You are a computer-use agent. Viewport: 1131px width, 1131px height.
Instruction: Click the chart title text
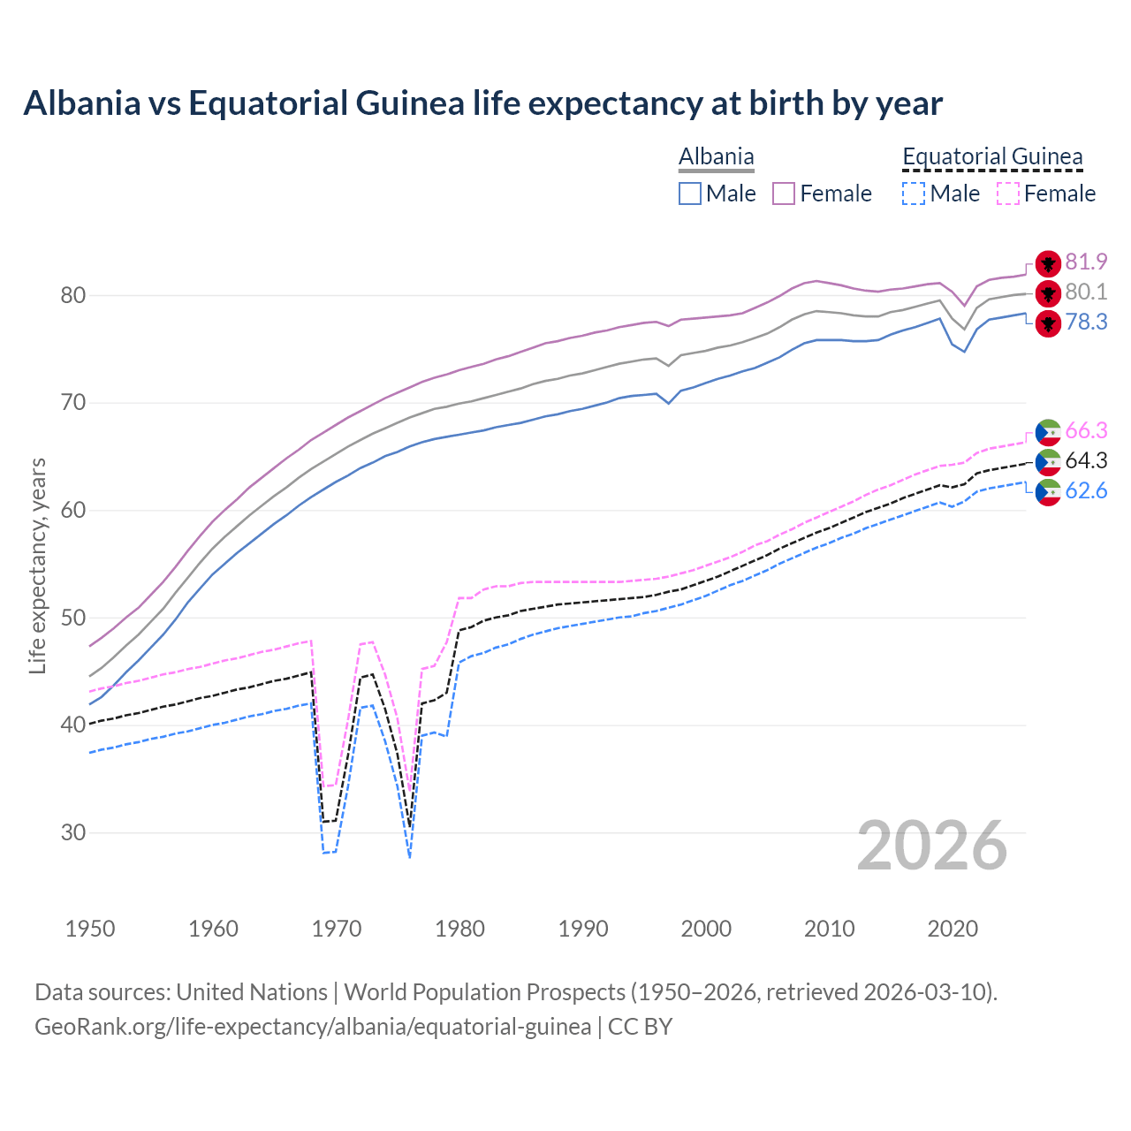(482, 103)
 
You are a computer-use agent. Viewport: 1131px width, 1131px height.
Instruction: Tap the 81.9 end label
(1086, 262)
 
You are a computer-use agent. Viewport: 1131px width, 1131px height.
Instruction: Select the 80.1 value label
(1086, 292)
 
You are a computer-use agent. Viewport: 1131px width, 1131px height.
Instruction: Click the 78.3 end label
(1086, 322)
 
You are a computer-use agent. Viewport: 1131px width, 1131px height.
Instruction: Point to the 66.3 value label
(1086, 430)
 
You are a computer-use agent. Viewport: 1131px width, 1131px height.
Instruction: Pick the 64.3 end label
(1086, 460)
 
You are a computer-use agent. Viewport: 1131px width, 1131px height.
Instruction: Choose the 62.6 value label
(1086, 490)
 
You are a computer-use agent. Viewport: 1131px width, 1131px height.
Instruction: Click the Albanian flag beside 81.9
(1048, 262)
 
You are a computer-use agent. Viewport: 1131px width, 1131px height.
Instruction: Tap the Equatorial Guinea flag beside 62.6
(1048, 492)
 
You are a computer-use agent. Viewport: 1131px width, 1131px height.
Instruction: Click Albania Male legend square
(690, 194)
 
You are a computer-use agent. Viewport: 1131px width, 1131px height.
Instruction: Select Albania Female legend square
(784, 194)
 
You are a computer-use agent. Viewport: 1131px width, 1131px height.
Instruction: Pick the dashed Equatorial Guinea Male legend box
(914, 194)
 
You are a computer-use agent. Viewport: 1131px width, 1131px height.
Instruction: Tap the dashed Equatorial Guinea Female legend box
(1008, 194)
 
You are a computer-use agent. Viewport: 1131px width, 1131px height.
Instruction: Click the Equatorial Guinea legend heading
(992, 156)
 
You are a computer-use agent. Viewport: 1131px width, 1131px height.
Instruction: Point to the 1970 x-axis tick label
(337, 929)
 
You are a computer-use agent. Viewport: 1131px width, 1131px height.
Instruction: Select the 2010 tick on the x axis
(829, 929)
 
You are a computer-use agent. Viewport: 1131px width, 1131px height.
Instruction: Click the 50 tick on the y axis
(72, 618)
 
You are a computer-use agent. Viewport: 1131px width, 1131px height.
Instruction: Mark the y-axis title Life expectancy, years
(37, 565)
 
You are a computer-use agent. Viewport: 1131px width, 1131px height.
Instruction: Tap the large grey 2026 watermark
(932, 846)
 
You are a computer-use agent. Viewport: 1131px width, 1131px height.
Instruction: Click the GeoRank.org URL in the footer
(313, 1027)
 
